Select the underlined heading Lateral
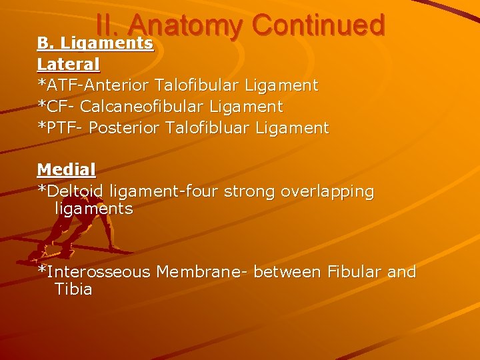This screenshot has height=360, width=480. coord(69,64)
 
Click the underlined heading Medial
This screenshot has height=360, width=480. coord(66,169)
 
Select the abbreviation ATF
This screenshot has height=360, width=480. coord(59,85)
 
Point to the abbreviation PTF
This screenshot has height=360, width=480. coord(59,128)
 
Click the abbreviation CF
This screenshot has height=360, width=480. coord(53,107)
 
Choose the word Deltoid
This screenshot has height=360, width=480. coord(75,191)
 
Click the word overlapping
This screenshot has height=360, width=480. coord(327,192)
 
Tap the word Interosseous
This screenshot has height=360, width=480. coord(99,272)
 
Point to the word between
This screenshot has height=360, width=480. coord(288,272)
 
